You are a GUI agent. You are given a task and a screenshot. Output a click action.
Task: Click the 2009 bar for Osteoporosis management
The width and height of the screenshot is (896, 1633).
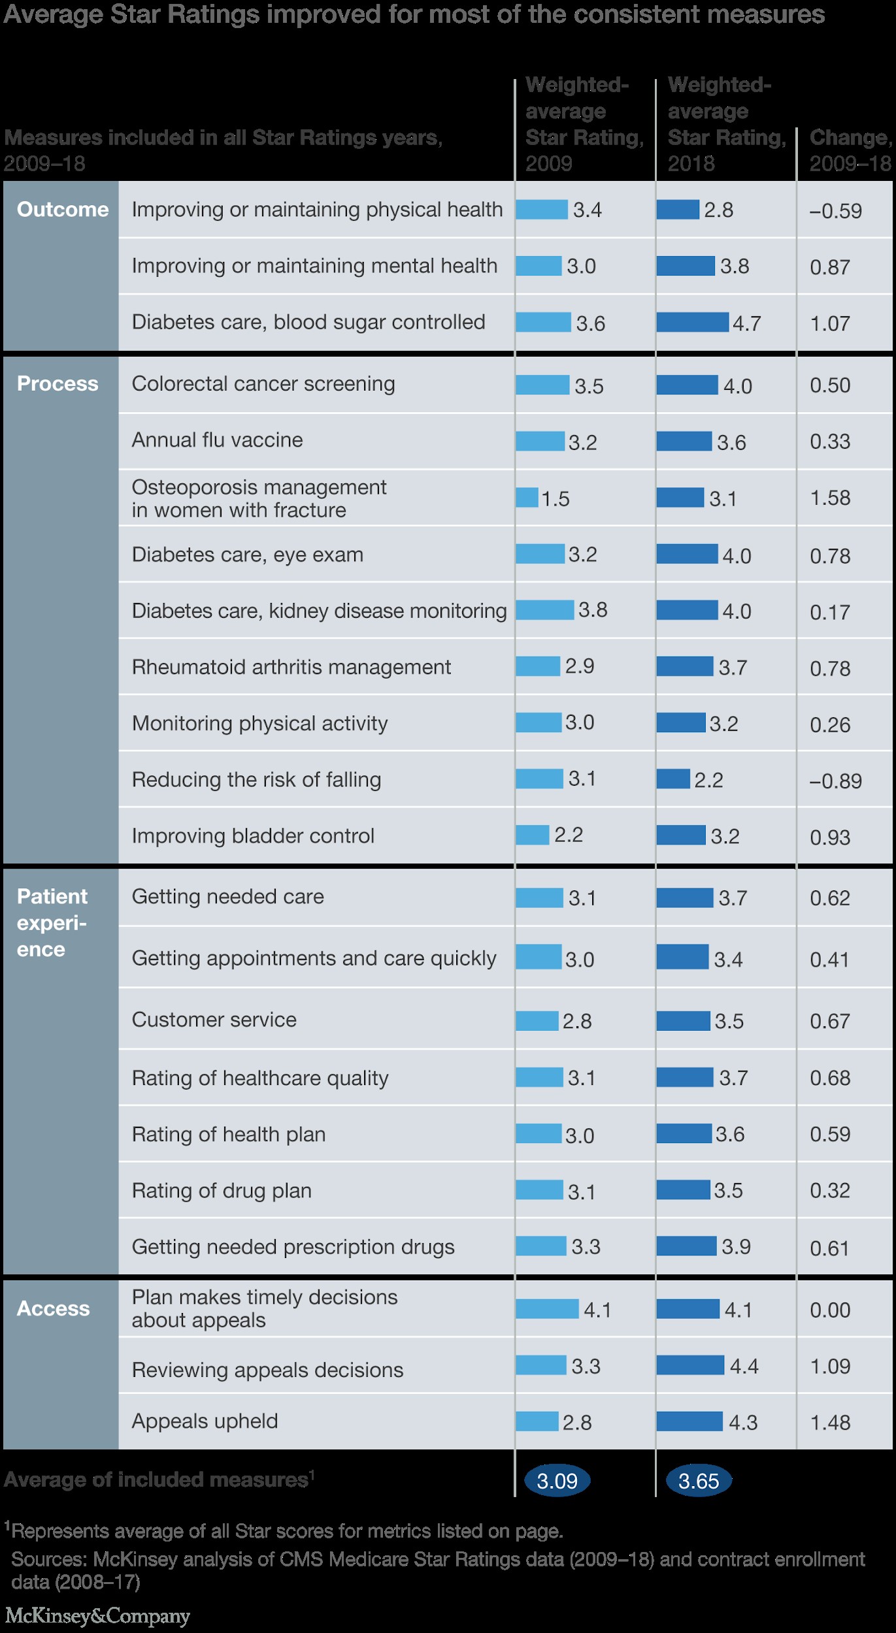click(x=527, y=498)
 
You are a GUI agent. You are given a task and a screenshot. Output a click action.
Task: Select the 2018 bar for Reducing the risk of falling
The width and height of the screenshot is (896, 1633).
click(x=673, y=779)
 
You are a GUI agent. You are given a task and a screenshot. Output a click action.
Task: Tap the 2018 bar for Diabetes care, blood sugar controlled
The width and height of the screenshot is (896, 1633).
click(x=692, y=322)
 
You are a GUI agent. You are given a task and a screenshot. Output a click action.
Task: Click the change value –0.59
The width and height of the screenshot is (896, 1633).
click(x=835, y=211)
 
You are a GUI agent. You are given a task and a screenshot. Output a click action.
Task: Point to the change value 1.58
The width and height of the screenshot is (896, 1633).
click(x=830, y=498)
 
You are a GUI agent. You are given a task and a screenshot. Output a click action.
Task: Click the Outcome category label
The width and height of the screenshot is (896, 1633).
click(x=63, y=209)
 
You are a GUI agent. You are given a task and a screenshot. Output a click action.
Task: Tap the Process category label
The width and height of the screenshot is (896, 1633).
click(x=58, y=383)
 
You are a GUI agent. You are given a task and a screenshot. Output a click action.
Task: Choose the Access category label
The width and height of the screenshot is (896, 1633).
click(x=54, y=1308)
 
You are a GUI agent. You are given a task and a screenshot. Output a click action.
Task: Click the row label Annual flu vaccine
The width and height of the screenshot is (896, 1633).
click(x=217, y=440)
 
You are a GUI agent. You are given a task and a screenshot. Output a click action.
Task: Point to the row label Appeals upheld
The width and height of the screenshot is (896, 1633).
click(x=205, y=1421)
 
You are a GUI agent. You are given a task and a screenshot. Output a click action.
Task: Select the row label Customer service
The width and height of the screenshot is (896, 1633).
click(x=214, y=1020)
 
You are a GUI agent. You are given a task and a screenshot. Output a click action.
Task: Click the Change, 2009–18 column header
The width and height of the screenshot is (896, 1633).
click(x=850, y=150)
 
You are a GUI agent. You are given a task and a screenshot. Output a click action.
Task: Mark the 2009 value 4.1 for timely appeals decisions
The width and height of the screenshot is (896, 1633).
click(x=597, y=1310)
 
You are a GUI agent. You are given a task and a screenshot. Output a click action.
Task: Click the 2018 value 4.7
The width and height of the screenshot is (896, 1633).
click(x=746, y=323)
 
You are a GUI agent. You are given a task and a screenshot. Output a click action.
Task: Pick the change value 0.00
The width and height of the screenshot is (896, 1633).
click(x=830, y=1310)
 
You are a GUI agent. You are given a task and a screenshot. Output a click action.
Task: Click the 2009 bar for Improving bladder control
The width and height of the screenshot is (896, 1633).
click(x=532, y=835)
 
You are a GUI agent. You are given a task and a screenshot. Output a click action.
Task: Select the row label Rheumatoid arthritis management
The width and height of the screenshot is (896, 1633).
click(x=291, y=667)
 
